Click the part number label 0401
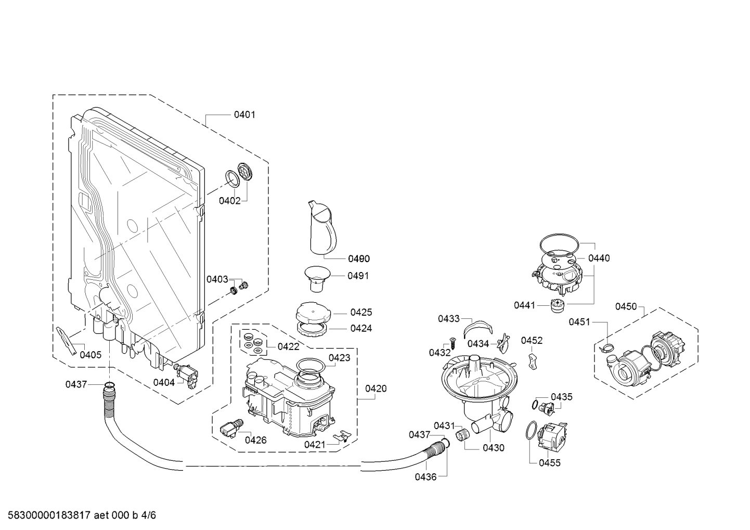pyautogui.click(x=244, y=115)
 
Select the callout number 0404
pyautogui.click(x=164, y=382)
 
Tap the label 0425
pyautogui.click(x=361, y=313)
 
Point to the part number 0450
pyautogui.click(x=626, y=307)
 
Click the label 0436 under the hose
pyautogui.click(x=426, y=477)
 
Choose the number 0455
pyautogui.click(x=550, y=463)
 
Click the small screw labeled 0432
pyautogui.click(x=453, y=343)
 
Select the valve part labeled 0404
pyautogui.click(x=186, y=376)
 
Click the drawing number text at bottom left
pyautogui.click(x=82, y=515)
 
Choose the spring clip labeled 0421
pyautogui.click(x=342, y=437)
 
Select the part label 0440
pyautogui.click(x=599, y=258)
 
